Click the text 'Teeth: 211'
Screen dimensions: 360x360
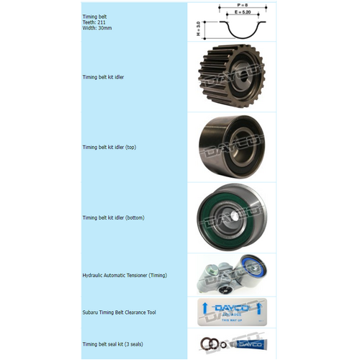(94, 22)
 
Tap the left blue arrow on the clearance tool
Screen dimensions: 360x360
(207, 312)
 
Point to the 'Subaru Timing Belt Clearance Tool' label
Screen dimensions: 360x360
(120, 312)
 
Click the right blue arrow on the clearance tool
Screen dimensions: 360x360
(257, 312)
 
